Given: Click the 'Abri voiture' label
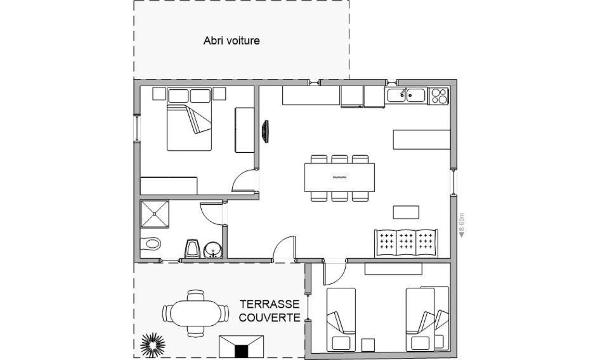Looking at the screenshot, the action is tap(232, 41).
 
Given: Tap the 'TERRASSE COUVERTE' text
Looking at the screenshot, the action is tap(270, 311).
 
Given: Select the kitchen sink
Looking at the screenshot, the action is tap(406, 95).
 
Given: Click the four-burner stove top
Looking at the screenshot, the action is tap(438, 96).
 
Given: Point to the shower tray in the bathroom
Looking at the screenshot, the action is tap(155, 214).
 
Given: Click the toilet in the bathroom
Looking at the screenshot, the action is tap(150, 243).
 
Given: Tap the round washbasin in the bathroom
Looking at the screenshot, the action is tap(212, 250).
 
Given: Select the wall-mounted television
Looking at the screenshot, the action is tap(265, 132).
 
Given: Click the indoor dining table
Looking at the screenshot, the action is tap(339, 177).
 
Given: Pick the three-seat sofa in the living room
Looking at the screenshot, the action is tap(406, 244).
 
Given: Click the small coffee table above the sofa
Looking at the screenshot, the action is tap(406, 212).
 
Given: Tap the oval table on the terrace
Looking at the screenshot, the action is tap(195, 314).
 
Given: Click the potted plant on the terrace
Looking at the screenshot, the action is tap(152, 344).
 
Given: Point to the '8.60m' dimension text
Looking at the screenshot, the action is tap(462, 225).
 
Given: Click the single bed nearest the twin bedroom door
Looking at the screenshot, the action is tap(341, 319).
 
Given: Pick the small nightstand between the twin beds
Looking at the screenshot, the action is tap(368, 345).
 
